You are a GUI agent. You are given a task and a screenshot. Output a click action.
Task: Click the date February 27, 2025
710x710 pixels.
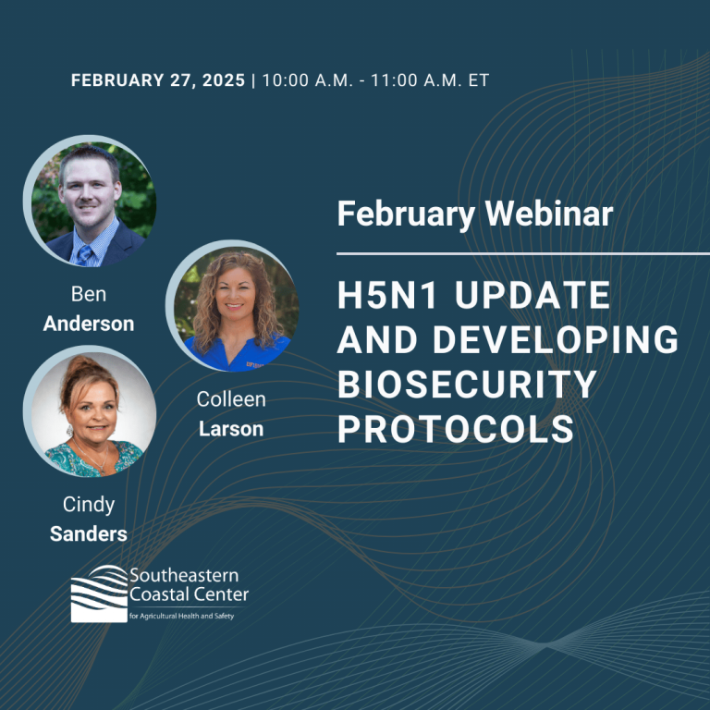click(157, 80)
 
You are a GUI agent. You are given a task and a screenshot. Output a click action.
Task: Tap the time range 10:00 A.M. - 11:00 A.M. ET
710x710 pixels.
click(376, 80)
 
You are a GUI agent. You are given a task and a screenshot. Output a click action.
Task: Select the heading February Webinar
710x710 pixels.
click(475, 214)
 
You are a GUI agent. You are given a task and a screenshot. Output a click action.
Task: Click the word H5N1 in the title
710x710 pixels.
click(387, 295)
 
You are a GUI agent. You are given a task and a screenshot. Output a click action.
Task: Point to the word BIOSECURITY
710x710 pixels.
click(467, 385)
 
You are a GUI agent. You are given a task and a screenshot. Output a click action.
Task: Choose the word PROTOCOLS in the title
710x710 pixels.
click(456, 429)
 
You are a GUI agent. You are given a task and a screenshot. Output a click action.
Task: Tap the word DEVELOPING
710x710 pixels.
click(556, 339)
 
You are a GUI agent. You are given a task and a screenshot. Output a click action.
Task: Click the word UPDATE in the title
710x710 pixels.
click(532, 295)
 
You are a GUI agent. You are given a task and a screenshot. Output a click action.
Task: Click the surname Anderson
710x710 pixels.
click(89, 324)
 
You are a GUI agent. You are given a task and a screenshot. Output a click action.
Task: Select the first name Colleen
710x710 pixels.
click(231, 399)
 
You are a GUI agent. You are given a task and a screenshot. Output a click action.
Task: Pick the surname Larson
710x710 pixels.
click(231, 429)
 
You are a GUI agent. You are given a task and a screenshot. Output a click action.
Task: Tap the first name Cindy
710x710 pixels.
click(89, 505)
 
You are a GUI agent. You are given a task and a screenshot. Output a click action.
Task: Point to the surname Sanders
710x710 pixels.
click(89, 533)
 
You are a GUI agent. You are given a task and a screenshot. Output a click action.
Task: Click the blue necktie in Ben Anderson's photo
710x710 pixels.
click(85, 255)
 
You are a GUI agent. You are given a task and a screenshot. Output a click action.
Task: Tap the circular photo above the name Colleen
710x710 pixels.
click(232, 306)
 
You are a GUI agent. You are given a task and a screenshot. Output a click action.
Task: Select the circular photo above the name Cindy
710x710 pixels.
click(90, 411)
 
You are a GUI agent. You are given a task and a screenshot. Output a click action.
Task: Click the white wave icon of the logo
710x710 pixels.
click(99, 594)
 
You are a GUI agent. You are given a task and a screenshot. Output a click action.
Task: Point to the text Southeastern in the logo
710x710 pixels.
click(184, 576)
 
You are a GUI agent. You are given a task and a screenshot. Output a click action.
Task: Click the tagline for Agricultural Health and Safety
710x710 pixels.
click(181, 616)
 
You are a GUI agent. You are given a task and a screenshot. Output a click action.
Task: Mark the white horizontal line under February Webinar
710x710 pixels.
click(523, 254)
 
